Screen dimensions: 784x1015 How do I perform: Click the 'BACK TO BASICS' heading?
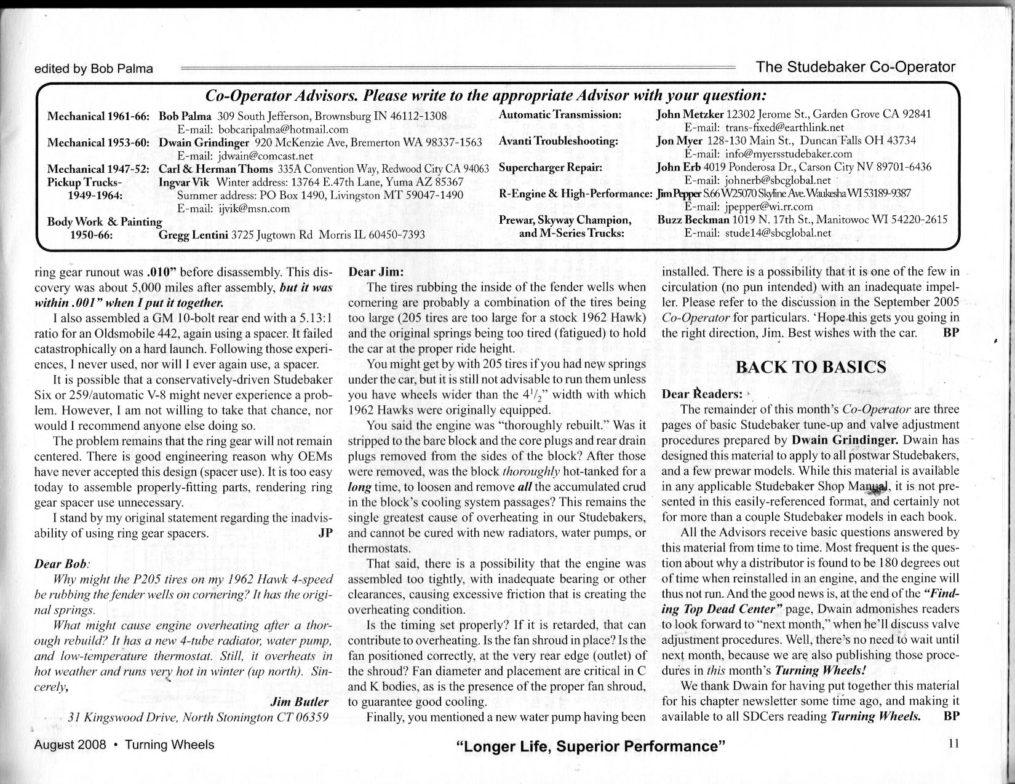click(x=811, y=367)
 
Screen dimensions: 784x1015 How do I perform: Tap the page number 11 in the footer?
click(x=953, y=743)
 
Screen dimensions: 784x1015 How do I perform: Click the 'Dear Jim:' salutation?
click(x=375, y=272)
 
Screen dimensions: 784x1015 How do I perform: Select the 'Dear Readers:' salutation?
click(x=702, y=394)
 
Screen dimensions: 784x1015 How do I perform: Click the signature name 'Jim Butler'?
click(x=300, y=702)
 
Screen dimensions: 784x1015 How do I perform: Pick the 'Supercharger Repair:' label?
click(x=550, y=167)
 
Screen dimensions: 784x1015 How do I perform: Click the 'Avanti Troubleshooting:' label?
click(x=558, y=141)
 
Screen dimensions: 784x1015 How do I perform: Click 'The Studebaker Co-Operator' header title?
click(x=856, y=67)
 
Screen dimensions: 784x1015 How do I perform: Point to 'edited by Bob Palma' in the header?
click(x=94, y=69)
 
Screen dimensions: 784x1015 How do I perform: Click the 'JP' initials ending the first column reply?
click(x=325, y=533)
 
